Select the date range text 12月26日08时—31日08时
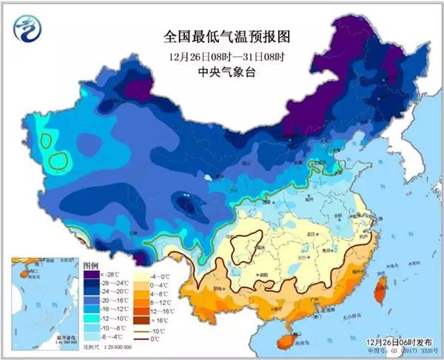pyautogui.click(x=223, y=56)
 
